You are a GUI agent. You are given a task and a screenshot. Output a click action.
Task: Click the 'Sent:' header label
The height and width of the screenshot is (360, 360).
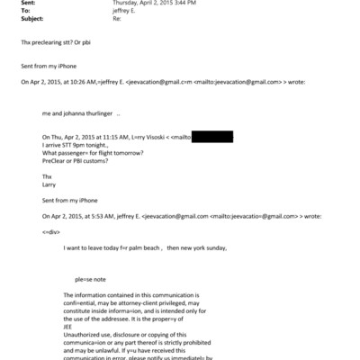click(x=29, y=4)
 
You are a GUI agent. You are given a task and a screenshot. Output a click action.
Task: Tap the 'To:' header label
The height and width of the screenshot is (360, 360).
click(x=26, y=12)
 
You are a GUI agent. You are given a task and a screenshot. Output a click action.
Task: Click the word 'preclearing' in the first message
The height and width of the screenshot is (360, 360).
click(x=48, y=42)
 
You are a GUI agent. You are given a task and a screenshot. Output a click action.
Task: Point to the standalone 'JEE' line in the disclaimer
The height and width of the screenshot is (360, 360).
click(x=70, y=326)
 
